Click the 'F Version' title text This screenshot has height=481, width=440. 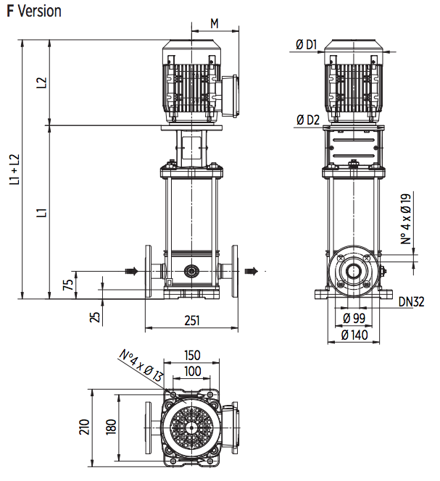click(34, 12)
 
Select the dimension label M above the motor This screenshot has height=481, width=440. click(215, 22)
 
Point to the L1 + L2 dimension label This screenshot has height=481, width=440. click(14, 170)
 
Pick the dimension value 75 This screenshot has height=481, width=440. click(68, 284)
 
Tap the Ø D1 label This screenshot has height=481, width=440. click(307, 45)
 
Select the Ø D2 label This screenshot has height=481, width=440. click(307, 120)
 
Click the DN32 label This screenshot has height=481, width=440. click(410, 302)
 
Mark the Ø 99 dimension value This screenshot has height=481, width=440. click(354, 319)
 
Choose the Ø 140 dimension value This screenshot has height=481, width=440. click(354, 335)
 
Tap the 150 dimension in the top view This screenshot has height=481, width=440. click(191, 356)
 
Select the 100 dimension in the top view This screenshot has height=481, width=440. click(191, 371)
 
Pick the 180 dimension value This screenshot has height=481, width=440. click(110, 427)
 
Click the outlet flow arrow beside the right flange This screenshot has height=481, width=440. click(252, 271)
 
